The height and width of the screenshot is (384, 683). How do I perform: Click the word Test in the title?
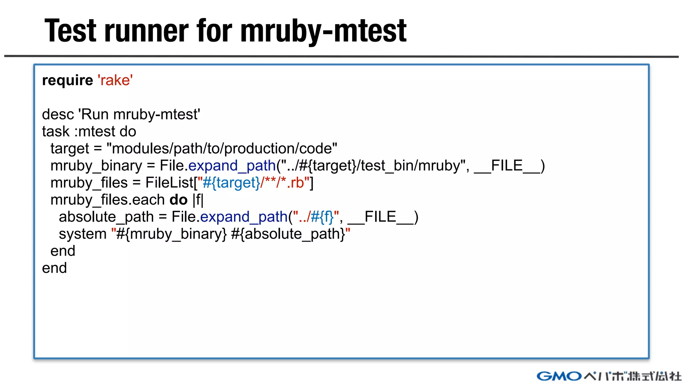(x=70, y=31)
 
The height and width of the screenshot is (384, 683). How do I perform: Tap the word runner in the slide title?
(x=147, y=31)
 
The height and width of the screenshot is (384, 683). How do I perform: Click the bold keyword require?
(x=67, y=80)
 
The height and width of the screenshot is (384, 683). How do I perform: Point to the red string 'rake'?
(x=115, y=80)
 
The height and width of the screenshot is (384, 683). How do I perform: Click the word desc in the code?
(x=58, y=114)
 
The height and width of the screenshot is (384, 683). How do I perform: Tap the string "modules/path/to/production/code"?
(x=222, y=148)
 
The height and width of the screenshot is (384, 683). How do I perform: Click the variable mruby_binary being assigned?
(x=96, y=166)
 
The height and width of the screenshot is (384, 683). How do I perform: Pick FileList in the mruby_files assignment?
(x=169, y=183)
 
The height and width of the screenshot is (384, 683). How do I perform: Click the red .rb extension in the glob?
(x=295, y=183)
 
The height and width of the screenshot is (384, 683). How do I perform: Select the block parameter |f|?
(x=198, y=200)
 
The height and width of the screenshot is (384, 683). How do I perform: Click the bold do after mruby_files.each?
(x=178, y=200)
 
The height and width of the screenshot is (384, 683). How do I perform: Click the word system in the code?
(x=82, y=234)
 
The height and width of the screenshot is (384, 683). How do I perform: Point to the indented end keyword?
(x=63, y=251)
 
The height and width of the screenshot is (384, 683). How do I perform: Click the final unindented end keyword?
(x=54, y=268)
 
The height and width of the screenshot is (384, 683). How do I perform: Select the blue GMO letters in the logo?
(x=559, y=376)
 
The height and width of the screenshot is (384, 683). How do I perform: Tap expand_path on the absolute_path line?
(x=244, y=217)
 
